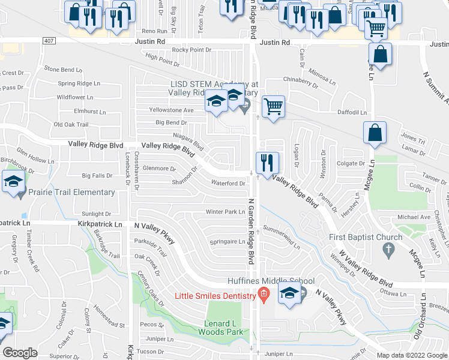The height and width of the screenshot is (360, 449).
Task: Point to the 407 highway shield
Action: point(49,40)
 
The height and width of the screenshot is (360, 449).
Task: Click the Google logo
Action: point(20,353)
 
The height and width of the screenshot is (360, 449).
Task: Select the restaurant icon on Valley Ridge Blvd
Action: point(267,163)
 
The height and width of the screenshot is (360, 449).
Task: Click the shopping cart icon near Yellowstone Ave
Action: point(273,107)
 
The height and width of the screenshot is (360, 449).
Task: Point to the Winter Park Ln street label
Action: point(225,212)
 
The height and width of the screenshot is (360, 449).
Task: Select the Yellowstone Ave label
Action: point(172,110)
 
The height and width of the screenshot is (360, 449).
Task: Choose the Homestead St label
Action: point(104,326)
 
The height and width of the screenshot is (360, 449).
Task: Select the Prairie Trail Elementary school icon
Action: point(12,182)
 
